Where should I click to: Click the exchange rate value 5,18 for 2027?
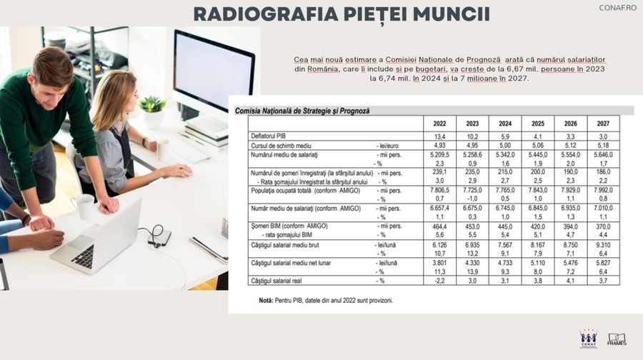point(602,144)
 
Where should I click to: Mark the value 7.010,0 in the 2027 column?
point(602,208)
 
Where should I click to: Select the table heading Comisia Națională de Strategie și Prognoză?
point(302,111)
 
